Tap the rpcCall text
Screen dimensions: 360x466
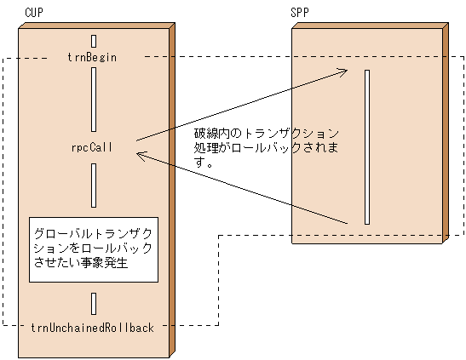[92, 146]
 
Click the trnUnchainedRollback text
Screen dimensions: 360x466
[93, 326]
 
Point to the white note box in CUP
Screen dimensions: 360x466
[93, 248]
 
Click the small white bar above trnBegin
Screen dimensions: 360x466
[94, 40]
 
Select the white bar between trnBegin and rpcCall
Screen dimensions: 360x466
[94, 100]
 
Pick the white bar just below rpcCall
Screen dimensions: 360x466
[94, 185]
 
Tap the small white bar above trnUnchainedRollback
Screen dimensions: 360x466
[94, 303]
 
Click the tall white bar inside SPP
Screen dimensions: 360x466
[366, 146]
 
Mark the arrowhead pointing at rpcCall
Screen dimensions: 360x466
[142, 154]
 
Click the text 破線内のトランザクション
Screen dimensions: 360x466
[267, 134]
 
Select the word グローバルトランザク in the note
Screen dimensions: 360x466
[92, 232]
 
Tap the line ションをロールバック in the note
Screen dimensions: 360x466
[92, 248]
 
